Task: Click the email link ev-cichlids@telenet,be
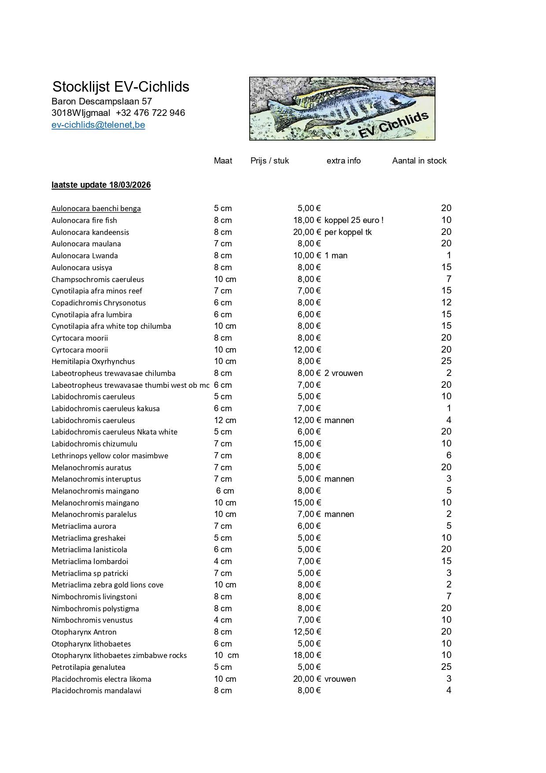[98, 125]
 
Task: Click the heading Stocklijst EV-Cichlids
[121, 86]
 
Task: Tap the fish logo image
[342, 108]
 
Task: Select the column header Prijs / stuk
[269, 161]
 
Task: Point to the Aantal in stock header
[419, 161]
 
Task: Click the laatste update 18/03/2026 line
[101, 185]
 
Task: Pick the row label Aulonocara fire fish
[84, 220]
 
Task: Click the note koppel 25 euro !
[354, 220]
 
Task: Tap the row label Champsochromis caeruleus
[98, 279]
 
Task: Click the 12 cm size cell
[225, 420]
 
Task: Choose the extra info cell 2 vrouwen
[343, 373]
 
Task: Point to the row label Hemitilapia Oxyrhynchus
[93, 361]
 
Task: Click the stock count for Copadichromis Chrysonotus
[446, 303]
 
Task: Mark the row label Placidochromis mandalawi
[96, 691]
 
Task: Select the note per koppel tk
[348, 232]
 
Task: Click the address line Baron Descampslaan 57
[102, 101]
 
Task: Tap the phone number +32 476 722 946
[151, 113]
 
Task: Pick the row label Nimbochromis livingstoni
[94, 597]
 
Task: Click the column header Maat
[223, 161]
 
